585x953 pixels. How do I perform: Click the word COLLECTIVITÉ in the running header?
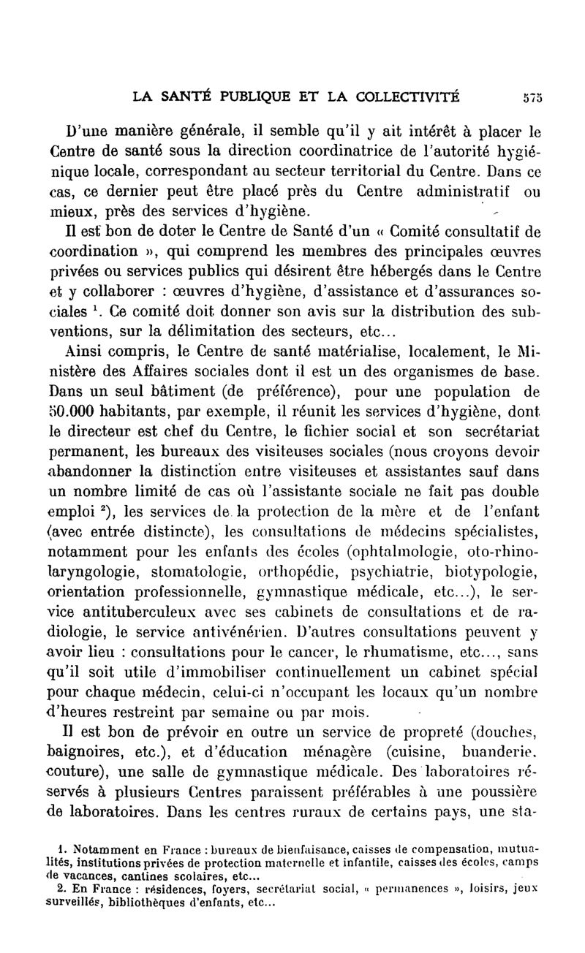click(407, 94)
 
